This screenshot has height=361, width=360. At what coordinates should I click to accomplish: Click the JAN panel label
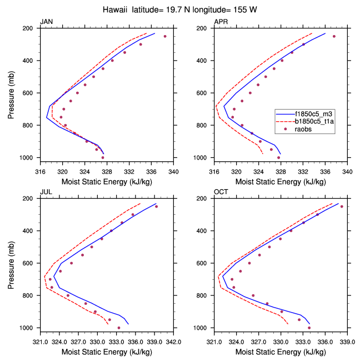(46, 22)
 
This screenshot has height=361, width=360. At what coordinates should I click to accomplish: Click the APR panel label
(221, 22)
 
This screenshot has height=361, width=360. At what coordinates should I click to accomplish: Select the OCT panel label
(221, 192)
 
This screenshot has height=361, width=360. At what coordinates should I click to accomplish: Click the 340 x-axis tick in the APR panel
(348, 171)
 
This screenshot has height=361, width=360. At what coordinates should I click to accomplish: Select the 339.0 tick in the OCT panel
(347, 342)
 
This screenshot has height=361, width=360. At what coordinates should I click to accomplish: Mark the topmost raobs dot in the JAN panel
(165, 36)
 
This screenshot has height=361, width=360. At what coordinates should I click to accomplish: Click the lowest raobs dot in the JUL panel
(119, 328)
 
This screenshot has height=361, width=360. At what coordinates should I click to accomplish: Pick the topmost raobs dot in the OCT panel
(342, 206)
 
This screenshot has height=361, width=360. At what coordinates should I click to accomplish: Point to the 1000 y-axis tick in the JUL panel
(28, 328)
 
